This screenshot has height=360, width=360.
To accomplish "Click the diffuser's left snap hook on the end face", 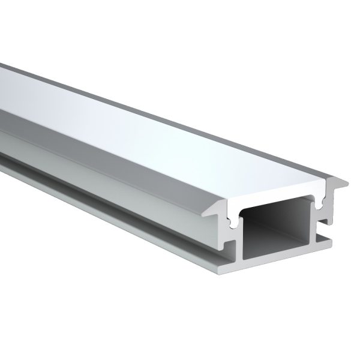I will click(232, 224).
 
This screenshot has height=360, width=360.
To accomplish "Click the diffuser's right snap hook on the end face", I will click(324, 204).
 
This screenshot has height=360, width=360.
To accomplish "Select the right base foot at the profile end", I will click(328, 242).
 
